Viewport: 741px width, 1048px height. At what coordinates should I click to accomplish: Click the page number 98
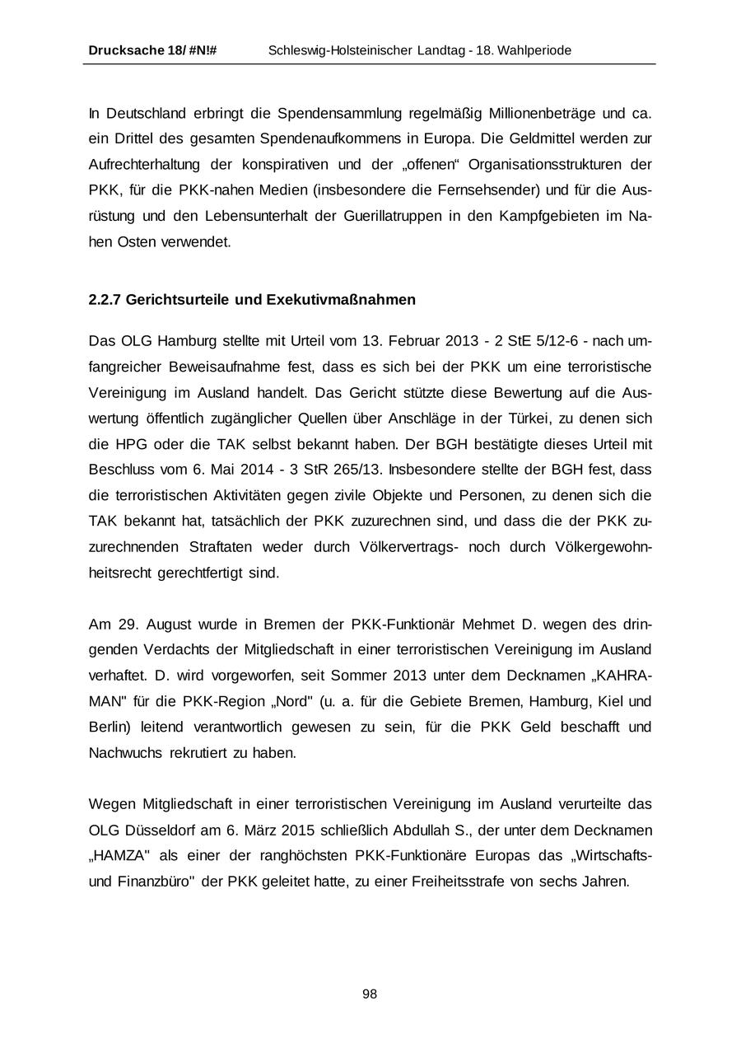point(370,994)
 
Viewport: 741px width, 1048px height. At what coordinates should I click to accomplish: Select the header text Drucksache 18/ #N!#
point(152,51)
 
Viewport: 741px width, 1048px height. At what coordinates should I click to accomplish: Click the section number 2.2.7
point(105,300)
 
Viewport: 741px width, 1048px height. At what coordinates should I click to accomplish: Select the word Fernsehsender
point(496,191)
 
